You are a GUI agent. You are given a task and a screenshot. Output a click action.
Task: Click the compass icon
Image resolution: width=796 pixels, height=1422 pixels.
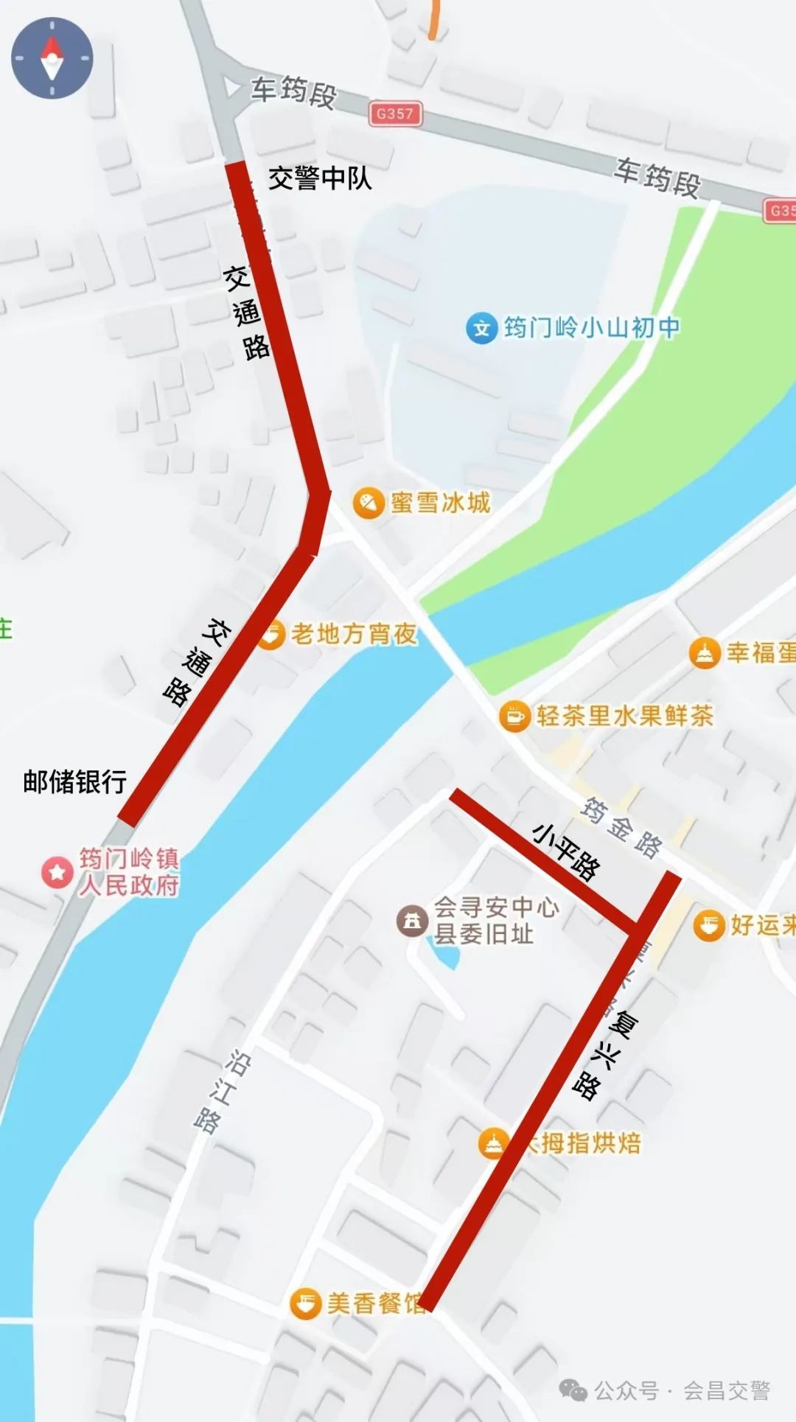click(52, 57)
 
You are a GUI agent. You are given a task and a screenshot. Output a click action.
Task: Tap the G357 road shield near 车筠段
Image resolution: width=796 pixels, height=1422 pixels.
click(395, 114)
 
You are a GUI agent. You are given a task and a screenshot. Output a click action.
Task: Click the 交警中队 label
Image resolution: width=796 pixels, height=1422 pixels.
click(319, 178)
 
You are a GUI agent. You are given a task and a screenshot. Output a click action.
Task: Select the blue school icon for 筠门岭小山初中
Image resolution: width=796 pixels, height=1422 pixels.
click(481, 328)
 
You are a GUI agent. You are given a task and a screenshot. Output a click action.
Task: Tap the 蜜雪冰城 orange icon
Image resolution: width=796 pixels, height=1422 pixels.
click(369, 503)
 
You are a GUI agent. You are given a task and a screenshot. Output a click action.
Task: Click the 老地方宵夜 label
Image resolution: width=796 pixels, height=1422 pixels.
click(354, 634)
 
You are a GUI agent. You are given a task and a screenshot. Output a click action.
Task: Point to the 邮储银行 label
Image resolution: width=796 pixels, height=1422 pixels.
click(74, 781)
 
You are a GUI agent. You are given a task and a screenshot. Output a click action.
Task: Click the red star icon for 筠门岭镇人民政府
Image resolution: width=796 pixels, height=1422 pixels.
click(57, 872)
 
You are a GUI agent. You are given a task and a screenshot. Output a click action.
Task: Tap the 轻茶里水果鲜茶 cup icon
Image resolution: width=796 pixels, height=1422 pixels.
click(514, 716)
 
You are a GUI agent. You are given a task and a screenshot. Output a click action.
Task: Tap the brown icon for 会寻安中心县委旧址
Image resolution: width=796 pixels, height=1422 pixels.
click(412, 921)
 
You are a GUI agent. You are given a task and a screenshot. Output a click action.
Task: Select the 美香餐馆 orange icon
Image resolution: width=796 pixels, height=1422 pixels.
click(304, 1303)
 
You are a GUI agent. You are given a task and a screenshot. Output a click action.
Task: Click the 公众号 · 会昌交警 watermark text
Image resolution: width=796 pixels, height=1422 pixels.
click(682, 1390)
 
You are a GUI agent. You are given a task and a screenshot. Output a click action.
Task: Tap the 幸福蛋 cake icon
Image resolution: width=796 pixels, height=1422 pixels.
click(705, 653)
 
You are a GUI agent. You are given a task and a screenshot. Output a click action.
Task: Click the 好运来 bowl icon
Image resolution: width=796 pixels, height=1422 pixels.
click(709, 925)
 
